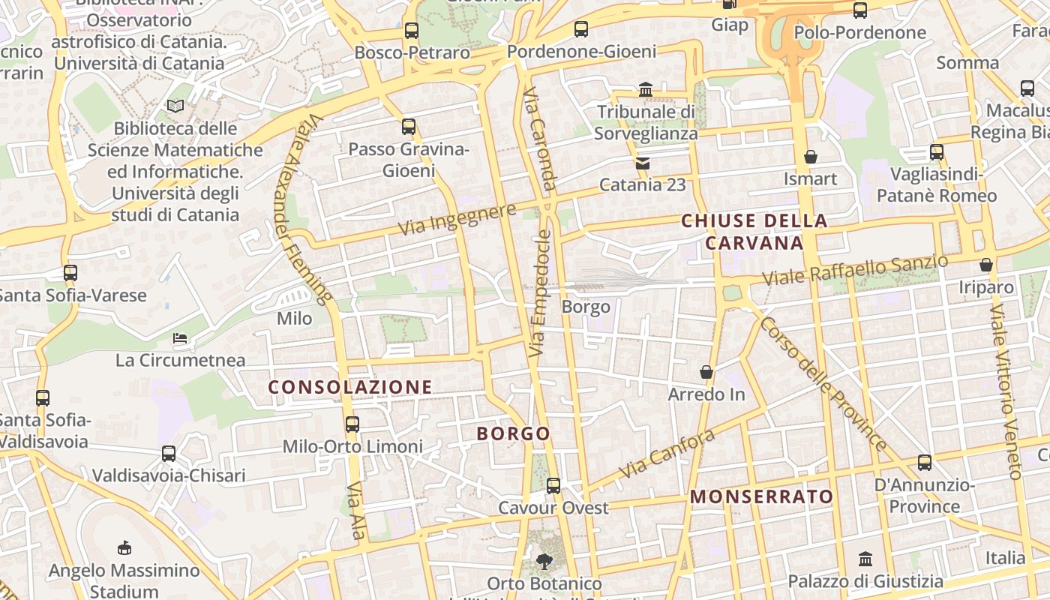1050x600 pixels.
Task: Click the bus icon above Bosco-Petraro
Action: [411, 31]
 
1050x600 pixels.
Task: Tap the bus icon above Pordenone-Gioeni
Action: [581, 29]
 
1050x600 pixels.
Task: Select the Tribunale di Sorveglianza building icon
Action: [645, 91]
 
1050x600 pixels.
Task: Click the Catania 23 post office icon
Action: [643, 163]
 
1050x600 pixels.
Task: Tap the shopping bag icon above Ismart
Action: [810, 157]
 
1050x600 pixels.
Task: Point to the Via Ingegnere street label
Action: [457, 218]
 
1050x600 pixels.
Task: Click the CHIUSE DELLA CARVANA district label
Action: [754, 232]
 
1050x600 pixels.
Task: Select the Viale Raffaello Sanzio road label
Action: [855, 270]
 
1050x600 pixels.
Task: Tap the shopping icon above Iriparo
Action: [986, 265]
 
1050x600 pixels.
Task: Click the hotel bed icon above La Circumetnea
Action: [180, 338]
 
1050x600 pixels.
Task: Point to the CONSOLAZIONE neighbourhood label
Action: [350, 387]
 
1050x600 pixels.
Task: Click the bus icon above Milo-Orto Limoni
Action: [352, 424]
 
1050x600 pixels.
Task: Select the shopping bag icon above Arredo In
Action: [706, 372]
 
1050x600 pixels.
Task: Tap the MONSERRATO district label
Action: [761, 496]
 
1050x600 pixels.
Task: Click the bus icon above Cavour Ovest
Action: [553, 486]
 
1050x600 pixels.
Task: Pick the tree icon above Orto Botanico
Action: [544, 561]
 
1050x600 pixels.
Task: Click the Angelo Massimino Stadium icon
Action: [124, 548]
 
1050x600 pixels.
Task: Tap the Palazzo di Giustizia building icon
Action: [865, 559]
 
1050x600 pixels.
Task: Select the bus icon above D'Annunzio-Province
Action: [925, 463]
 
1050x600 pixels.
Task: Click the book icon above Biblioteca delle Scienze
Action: [175, 106]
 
